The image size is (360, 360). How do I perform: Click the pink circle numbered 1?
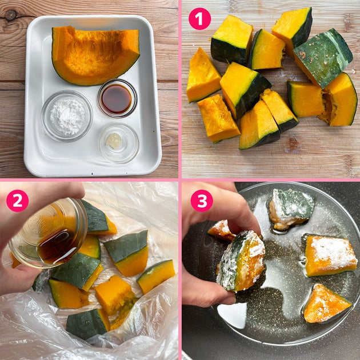(199, 19)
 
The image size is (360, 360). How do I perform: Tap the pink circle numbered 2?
(18, 201)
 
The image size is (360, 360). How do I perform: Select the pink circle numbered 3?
(202, 201)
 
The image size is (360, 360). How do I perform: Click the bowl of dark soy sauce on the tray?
(117, 98)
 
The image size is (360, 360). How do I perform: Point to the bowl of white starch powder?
(67, 116)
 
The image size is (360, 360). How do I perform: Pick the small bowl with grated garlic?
(119, 143)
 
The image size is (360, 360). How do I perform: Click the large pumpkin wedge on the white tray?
(95, 55)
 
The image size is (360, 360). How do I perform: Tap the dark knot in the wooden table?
(10, 15)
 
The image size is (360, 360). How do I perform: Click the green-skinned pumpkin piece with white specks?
(323, 58)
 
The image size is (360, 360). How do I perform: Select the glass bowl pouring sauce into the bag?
(49, 233)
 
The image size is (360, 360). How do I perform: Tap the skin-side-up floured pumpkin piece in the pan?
(291, 209)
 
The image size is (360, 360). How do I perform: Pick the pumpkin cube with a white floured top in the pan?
(330, 256)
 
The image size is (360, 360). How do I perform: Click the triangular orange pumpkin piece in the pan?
(326, 303)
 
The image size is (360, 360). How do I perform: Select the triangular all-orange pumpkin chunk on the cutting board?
(203, 75)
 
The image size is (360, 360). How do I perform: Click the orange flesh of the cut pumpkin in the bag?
(114, 296)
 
